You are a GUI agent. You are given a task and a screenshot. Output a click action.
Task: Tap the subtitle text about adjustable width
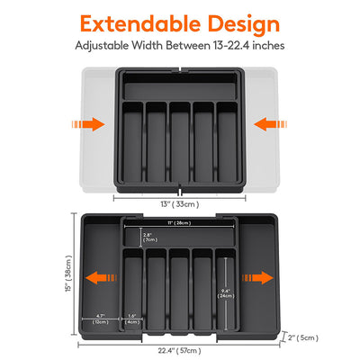(x=180, y=45)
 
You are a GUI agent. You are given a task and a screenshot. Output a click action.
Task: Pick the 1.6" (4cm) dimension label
(x=133, y=317)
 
